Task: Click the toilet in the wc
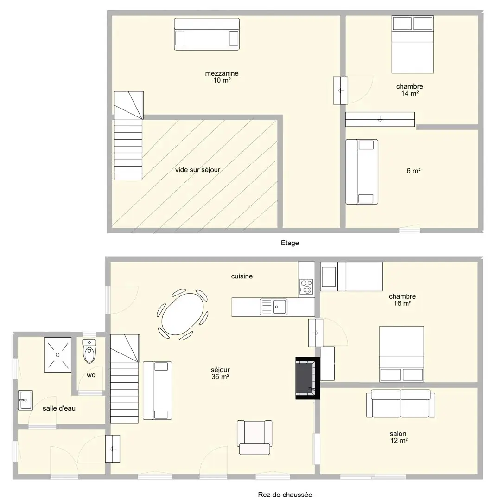tap(89, 351)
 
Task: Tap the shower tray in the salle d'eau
tap(57, 355)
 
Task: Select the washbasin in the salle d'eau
tap(25, 400)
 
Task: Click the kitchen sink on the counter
tap(273, 307)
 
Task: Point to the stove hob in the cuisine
tap(306, 287)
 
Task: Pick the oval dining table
tap(182, 314)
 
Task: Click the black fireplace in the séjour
tap(307, 379)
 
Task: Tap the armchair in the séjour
tap(254, 437)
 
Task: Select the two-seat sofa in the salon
tap(401, 404)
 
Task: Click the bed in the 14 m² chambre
tap(413, 45)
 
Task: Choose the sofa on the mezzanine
tap(207, 34)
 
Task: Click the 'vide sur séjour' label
tap(197, 170)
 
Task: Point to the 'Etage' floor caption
tap(290, 243)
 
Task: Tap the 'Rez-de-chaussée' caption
tap(285, 495)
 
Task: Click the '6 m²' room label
tap(413, 171)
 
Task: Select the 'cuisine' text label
tap(242, 276)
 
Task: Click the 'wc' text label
tap(91, 375)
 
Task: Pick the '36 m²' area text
tap(220, 377)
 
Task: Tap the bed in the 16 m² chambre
tap(401, 354)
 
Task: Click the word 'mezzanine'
tap(222, 73)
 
